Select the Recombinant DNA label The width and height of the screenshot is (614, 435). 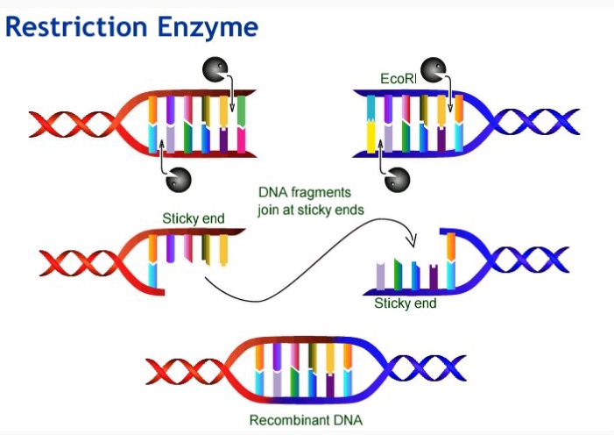305,419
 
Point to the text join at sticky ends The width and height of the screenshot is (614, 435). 311,210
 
